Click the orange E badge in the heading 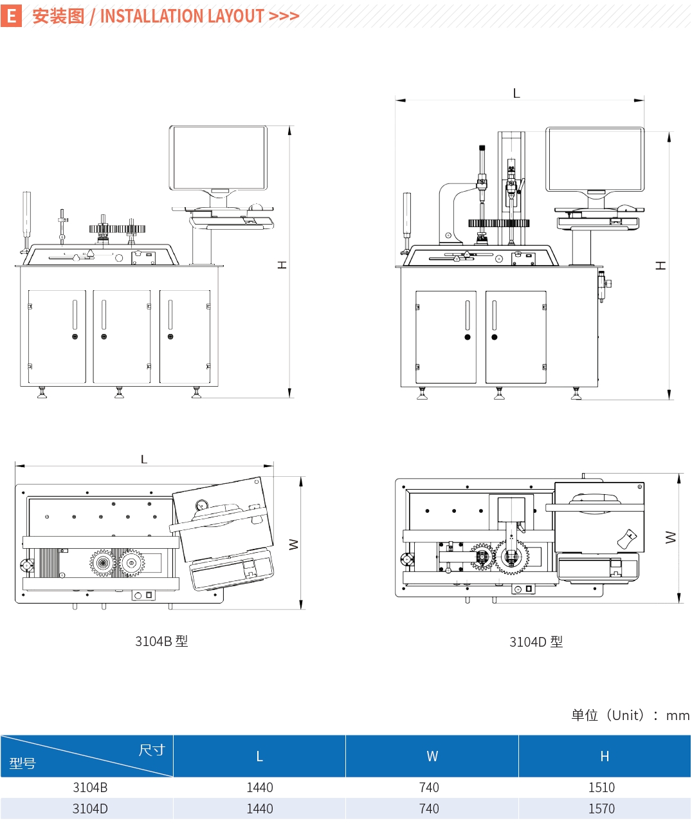point(12,15)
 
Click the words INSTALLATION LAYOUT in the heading point(182,16)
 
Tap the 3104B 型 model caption point(161,641)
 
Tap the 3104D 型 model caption point(536,642)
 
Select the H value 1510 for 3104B point(601,788)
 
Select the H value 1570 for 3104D point(601,809)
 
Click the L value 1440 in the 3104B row point(260,788)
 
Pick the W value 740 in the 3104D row point(429,809)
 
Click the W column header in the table point(432,756)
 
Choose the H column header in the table point(605,756)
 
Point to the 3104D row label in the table point(90,809)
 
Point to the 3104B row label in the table point(90,788)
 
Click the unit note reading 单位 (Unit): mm point(630,715)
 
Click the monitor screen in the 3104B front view point(218,158)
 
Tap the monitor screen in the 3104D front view point(595,159)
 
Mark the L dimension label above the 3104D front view point(516,93)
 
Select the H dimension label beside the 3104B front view point(282,265)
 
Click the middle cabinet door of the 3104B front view point(122,337)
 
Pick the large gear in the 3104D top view point(511,557)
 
